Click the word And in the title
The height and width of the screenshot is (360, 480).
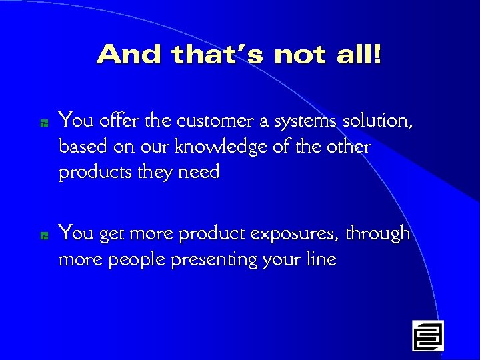(129, 55)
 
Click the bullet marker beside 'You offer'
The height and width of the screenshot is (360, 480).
(42, 123)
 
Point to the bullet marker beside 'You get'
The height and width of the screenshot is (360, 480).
(42, 235)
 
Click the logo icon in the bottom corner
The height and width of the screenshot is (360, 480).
(427, 335)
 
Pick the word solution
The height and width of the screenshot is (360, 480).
(378, 121)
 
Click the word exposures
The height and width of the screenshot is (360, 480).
(295, 235)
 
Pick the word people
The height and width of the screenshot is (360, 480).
(137, 260)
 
